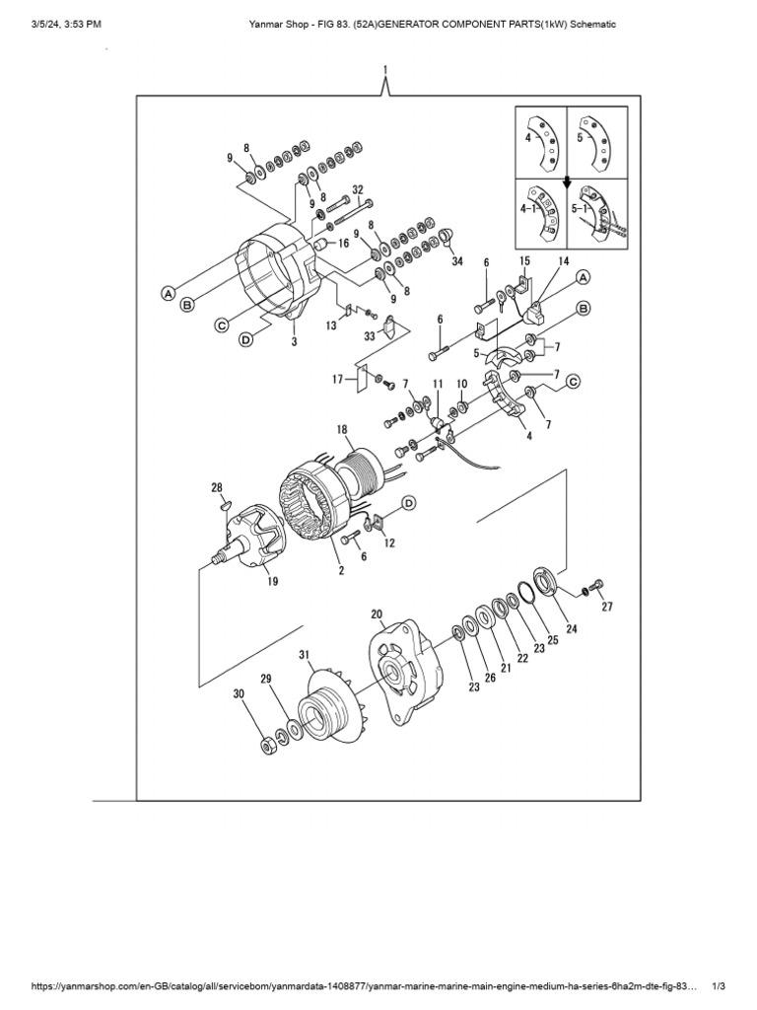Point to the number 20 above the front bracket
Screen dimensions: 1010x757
pos(377,614)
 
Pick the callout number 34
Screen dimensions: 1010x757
pos(456,261)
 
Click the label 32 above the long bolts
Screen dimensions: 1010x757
pos(358,189)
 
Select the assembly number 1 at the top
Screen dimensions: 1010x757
pos(385,68)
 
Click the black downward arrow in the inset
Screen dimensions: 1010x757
pos(567,181)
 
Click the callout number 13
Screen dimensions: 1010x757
pos(331,325)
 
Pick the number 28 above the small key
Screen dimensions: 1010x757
pos(217,487)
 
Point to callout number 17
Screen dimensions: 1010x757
pos(336,378)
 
